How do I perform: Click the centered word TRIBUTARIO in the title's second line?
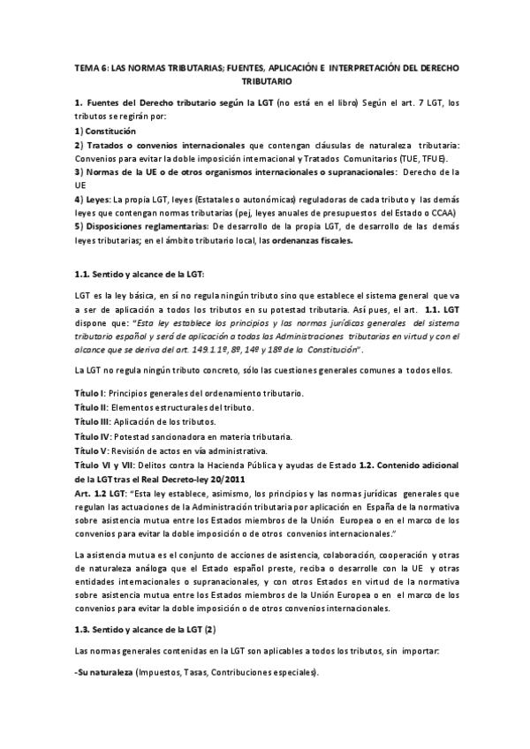pos(265,80)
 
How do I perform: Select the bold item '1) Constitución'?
pos(106,131)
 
